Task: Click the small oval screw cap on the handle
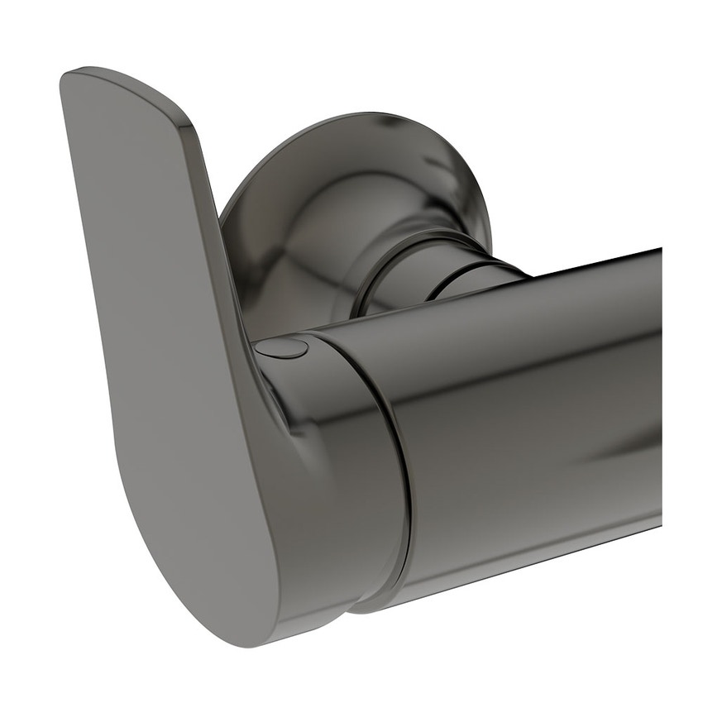(x=281, y=348)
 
